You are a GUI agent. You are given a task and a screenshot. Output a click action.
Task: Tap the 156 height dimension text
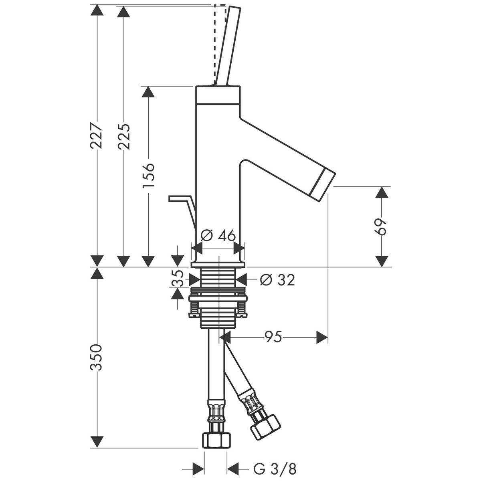coord(149,175)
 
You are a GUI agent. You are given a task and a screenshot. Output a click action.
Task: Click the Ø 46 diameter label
coord(218,236)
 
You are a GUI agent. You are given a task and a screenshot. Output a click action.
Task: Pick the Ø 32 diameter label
coord(277,279)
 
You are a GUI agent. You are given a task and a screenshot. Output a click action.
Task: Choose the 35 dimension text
coord(178,278)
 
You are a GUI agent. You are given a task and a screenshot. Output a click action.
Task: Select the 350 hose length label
coord(97,357)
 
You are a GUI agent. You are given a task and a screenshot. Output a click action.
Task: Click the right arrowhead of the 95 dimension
coord(322,337)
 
